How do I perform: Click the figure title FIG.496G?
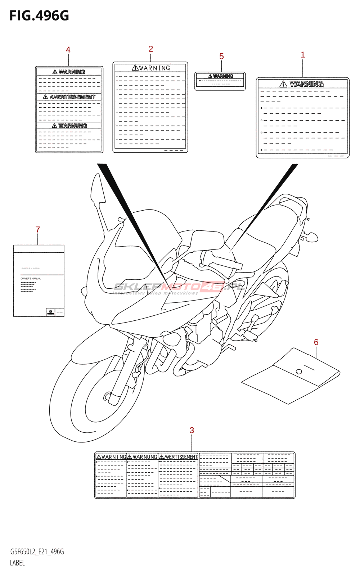click(x=39, y=16)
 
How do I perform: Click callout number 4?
click(x=68, y=50)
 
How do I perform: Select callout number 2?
click(x=151, y=49)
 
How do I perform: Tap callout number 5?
click(x=221, y=57)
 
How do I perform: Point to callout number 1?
click(x=303, y=55)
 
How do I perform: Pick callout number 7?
click(x=38, y=230)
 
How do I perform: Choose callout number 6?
click(x=316, y=342)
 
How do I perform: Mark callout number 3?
click(x=192, y=430)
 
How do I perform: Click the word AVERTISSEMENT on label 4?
click(x=72, y=97)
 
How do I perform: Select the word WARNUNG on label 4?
click(x=72, y=126)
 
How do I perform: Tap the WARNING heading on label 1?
click(x=306, y=84)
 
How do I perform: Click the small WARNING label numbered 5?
click(x=220, y=81)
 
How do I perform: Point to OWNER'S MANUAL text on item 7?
click(x=31, y=279)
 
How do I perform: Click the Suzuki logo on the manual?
click(x=50, y=312)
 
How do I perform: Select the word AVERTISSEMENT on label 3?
click(x=181, y=457)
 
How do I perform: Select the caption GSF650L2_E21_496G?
click(x=37, y=552)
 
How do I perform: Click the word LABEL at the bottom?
click(x=17, y=563)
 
